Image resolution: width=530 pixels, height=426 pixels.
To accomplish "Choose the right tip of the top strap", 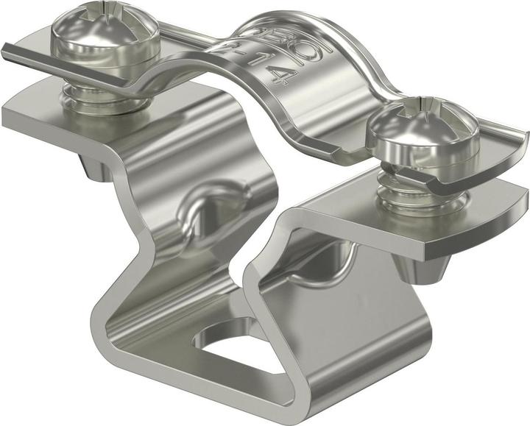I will [524, 137].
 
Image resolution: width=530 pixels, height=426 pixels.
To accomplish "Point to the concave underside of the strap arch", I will [331, 110].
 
